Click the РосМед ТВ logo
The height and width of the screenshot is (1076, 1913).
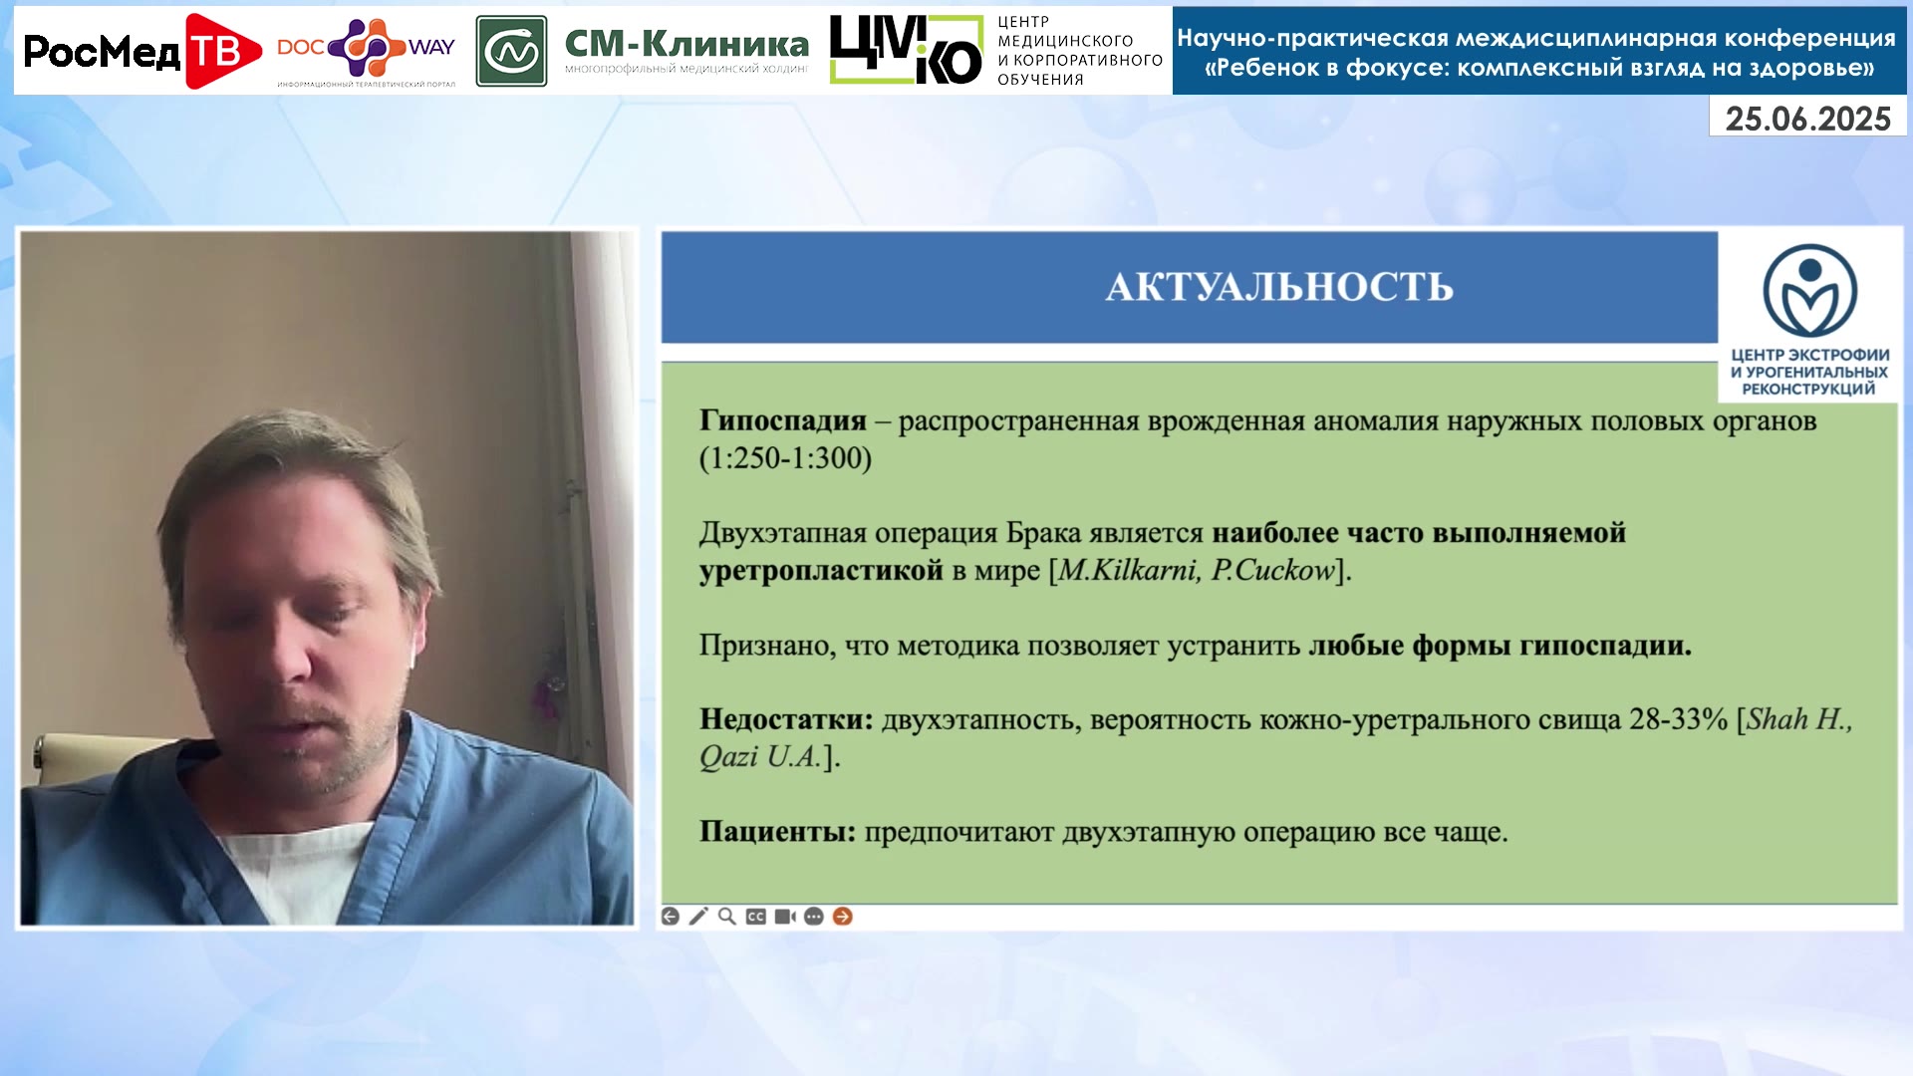[x=141, y=51]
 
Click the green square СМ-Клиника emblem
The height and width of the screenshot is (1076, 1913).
[x=511, y=51]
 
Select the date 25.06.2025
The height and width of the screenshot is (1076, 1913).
[x=1807, y=119]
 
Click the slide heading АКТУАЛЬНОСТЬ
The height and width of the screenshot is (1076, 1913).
[x=1279, y=287]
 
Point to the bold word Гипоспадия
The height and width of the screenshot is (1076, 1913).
[x=783, y=420]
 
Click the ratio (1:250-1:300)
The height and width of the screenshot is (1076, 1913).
[x=785, y=458]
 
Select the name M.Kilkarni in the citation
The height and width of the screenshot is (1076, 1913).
[x=1129, y=570]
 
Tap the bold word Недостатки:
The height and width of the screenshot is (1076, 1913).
[x=786, y=718]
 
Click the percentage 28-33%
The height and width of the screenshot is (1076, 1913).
[x=1678, y=718]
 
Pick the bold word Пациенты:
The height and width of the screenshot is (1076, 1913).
[x=777, y=831]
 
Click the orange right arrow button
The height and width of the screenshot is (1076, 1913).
[x=843, y=917]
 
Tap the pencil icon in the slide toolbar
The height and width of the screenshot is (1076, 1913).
[x=698, y=917]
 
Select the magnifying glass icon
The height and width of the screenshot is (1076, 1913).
[x=727, y=917]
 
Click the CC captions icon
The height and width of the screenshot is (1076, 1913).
[x=756, y=917]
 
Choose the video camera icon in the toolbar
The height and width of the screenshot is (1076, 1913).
[x=785, y=917]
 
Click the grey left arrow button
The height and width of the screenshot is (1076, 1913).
[x=671, y=917]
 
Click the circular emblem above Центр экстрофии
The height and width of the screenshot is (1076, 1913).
[x=1809, y=291]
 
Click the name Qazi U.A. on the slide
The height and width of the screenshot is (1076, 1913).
[x=760, y=756]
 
